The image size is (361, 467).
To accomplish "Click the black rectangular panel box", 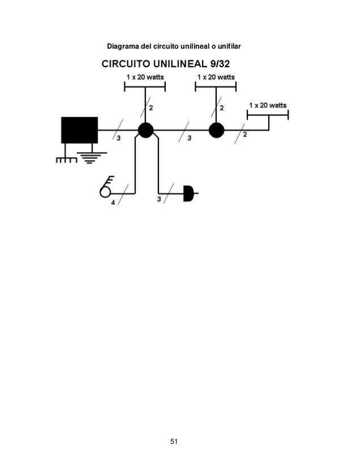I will click(x=79, y=130).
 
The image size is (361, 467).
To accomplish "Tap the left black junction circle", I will click(x=145, y=131).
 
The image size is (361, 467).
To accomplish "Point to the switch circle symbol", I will click(x=105, y=192).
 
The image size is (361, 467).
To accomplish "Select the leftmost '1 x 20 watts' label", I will click(x=145, y=76).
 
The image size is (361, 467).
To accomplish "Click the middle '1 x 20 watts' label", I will click(x=216, y=76).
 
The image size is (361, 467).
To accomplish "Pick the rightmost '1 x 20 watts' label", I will click(x=268, y=105).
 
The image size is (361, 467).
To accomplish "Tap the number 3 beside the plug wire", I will click(x=158, y=199).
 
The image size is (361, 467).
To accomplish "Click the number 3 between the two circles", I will click(x=188, y=138).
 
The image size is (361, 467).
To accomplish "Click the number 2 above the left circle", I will click(x=151, y=107).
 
